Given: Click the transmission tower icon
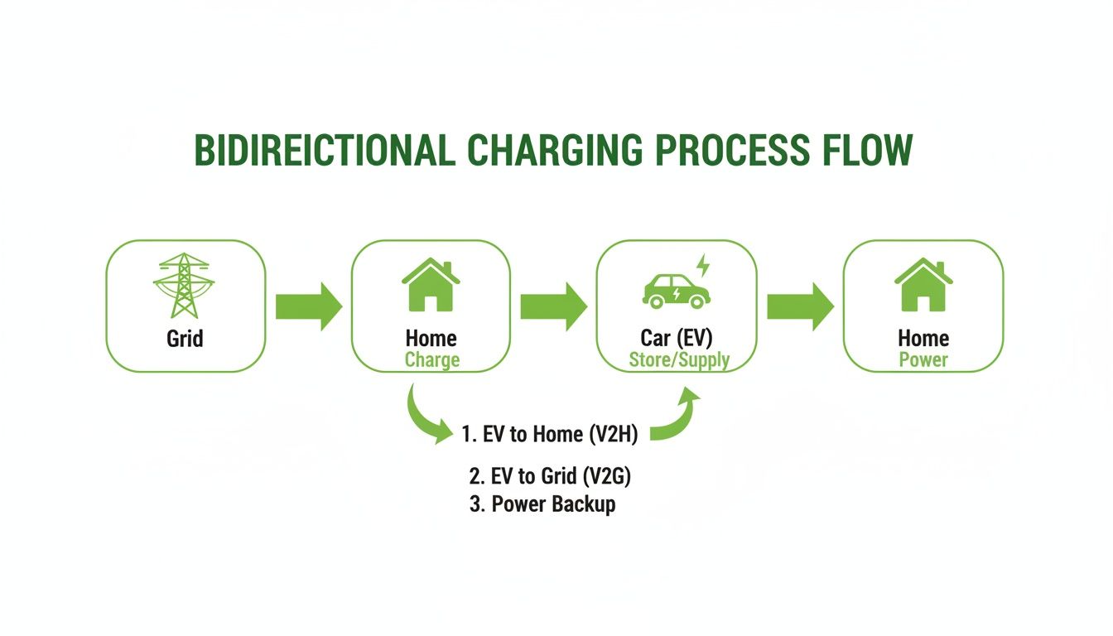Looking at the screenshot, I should pyautogui.click(x=184, y=285).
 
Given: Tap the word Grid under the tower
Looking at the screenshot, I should pyautogui.click(x=185, y=339).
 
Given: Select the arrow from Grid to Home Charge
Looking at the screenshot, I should pyautogui.click(x=308, y=306).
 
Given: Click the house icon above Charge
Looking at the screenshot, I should pyautogui.click(x=431, y=285).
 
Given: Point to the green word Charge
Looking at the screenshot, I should pyautogui.click(x=431, y=360).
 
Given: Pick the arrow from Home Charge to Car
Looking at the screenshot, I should pyautogui.click(x=553, y=306).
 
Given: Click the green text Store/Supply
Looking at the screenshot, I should pyautogui.click(x=679, y=360).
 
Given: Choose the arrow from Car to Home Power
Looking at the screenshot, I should pyautogui.click(x=799, y=306).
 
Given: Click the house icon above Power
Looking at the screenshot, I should pyautogui.click(x=923, y=285).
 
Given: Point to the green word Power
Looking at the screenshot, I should pyautogui.click(x=923, y=360).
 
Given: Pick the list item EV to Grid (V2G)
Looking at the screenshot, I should pyautogui.click(x=555, y=476).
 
